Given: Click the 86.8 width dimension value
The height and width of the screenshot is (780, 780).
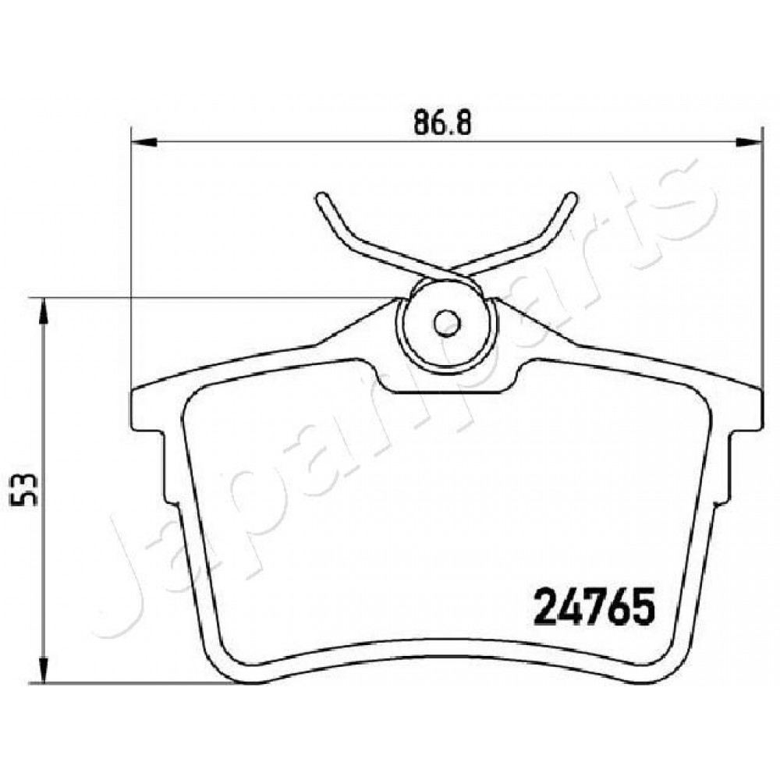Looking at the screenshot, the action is coord(442,122).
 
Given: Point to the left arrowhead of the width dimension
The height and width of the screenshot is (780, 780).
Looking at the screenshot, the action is coord(144,143).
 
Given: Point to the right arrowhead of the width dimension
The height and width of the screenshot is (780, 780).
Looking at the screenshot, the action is coord(749,143).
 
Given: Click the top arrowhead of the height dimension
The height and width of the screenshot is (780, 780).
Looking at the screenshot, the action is coord(44,311).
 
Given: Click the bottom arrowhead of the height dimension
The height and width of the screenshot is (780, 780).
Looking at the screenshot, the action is coord(44,670).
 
